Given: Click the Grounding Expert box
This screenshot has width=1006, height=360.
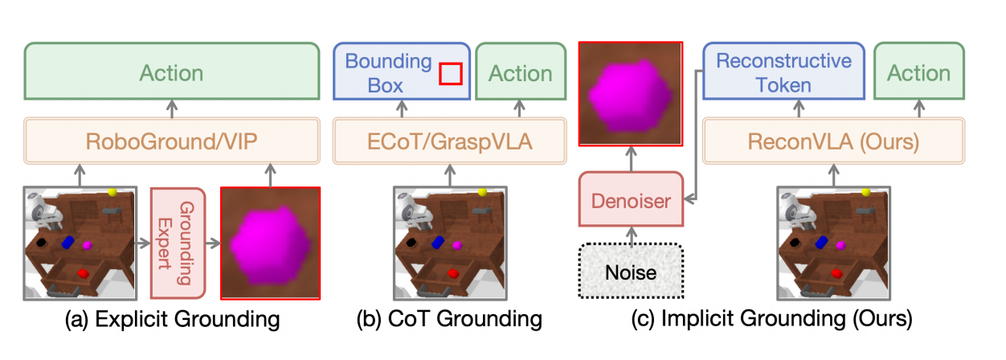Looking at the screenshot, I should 178,241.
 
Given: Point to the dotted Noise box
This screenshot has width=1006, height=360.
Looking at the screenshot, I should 632,272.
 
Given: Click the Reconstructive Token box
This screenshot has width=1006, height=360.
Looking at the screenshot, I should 783,73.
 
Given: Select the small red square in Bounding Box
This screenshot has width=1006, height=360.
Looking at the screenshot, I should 450,74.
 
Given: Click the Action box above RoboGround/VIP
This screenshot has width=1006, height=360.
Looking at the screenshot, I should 171,73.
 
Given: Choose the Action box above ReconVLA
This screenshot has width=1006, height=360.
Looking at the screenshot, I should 918,73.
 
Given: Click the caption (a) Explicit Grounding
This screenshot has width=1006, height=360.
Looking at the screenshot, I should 173,320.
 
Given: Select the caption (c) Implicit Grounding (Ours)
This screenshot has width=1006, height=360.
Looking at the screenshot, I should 771,320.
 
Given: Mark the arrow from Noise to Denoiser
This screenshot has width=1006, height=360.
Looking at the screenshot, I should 632,234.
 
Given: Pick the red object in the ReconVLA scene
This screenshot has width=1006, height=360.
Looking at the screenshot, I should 835,275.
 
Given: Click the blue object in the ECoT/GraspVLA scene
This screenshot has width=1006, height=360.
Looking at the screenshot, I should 438,241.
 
